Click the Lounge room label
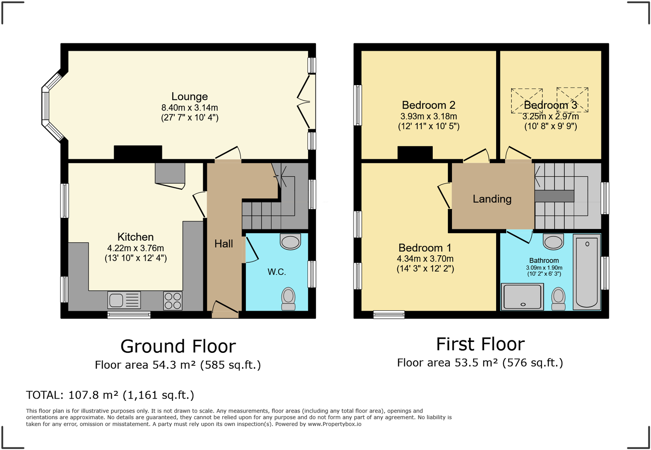[189, 96]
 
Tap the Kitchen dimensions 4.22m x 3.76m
[136, 249]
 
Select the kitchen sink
[124, 300]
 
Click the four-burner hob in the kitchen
[173, 301]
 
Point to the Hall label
[224, 244]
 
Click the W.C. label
[277, 272]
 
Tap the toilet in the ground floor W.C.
[288, 299]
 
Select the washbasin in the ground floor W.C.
[290, 242]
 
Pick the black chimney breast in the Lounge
[138, 153]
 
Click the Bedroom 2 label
[429, 105]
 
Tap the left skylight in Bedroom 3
[527, 101]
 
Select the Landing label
[492, 199]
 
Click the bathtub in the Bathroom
[587, 272]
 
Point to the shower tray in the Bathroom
[522, 297]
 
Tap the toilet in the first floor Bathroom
[558, 299]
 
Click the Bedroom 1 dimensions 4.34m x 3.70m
[425, 259]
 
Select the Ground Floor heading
[178, 346]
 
